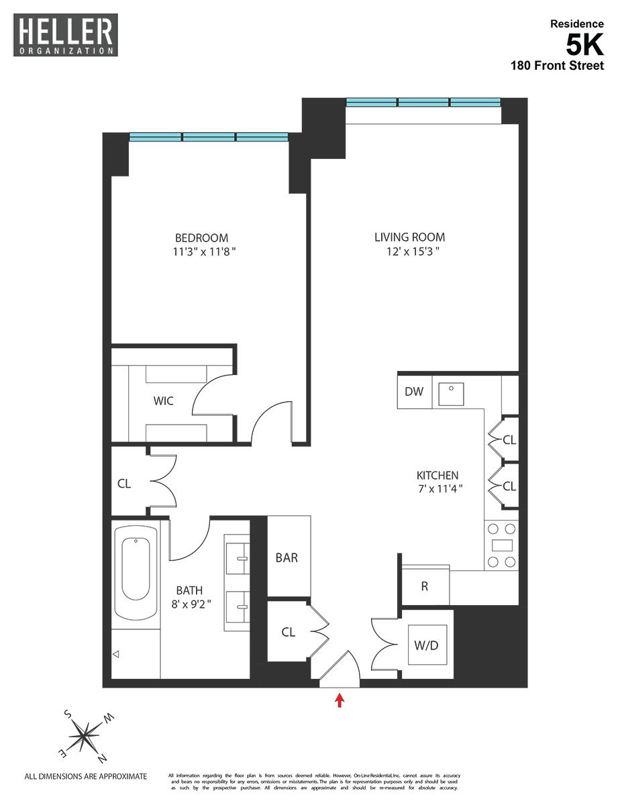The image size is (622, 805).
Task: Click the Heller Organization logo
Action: (65, 35)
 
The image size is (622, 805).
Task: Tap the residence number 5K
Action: (584, 45)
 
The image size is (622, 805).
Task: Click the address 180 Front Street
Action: (556, 65)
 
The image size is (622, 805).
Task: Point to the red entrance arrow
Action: (340, 700)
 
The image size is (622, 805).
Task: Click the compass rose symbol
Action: (84, 737)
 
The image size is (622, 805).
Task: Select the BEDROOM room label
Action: (201, 238)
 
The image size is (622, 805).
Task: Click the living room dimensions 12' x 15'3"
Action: (409, 252)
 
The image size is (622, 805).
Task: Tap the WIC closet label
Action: (163, 401)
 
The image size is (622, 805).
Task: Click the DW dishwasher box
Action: (414, 392)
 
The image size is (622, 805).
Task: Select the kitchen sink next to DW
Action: (451, 394)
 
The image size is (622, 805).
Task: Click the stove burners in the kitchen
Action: (501, 545)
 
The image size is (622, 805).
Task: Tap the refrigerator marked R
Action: (425, 586)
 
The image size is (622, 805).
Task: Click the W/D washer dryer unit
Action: (427, 645)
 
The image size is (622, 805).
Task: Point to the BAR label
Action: (287, 557)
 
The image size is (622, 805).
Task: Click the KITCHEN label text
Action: (436, 475)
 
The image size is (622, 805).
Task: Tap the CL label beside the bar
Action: (288, 632)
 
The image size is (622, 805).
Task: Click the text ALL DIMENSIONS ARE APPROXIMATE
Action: (85, 777)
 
